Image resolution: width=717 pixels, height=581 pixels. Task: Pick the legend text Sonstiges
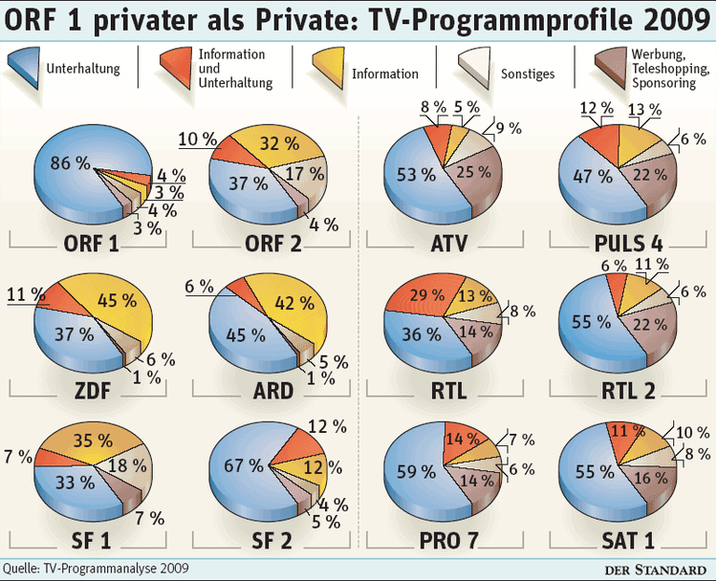[x=528, y=74]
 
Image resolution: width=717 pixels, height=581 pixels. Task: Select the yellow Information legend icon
[x=324, y=70]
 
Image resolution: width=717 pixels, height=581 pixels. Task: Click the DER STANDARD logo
[x=659, y=569]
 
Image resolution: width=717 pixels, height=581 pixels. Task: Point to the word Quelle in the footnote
[x=21, y=569]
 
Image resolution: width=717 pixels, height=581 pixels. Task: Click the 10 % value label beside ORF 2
[x=197, y=138]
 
